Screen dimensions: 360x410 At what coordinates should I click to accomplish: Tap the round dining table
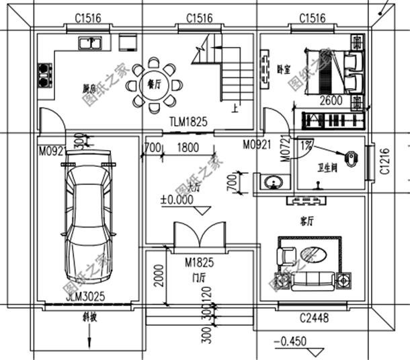(x=157, y=85)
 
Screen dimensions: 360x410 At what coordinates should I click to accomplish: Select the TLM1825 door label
(x=188, y=122)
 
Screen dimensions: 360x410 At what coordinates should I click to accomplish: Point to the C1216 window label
(x=384, y=162)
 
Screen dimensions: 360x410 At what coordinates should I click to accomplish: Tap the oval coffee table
(x=313, y=254)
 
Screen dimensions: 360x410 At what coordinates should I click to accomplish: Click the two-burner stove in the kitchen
(x=45, y=74)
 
